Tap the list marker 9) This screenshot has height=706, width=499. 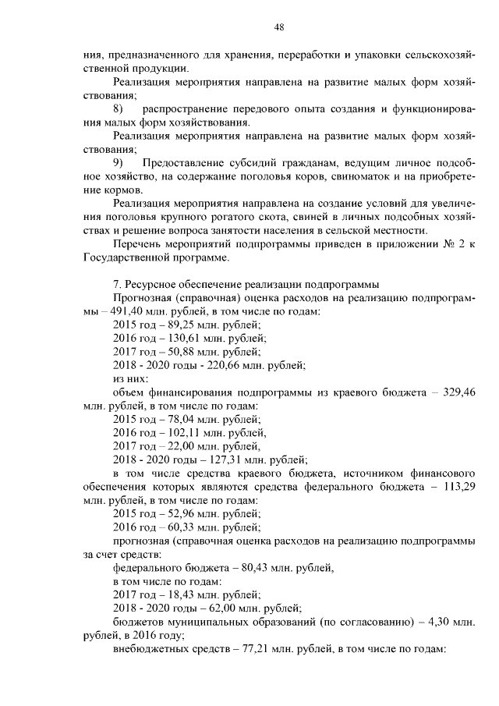pyautogui.click(x=119, y=162)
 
